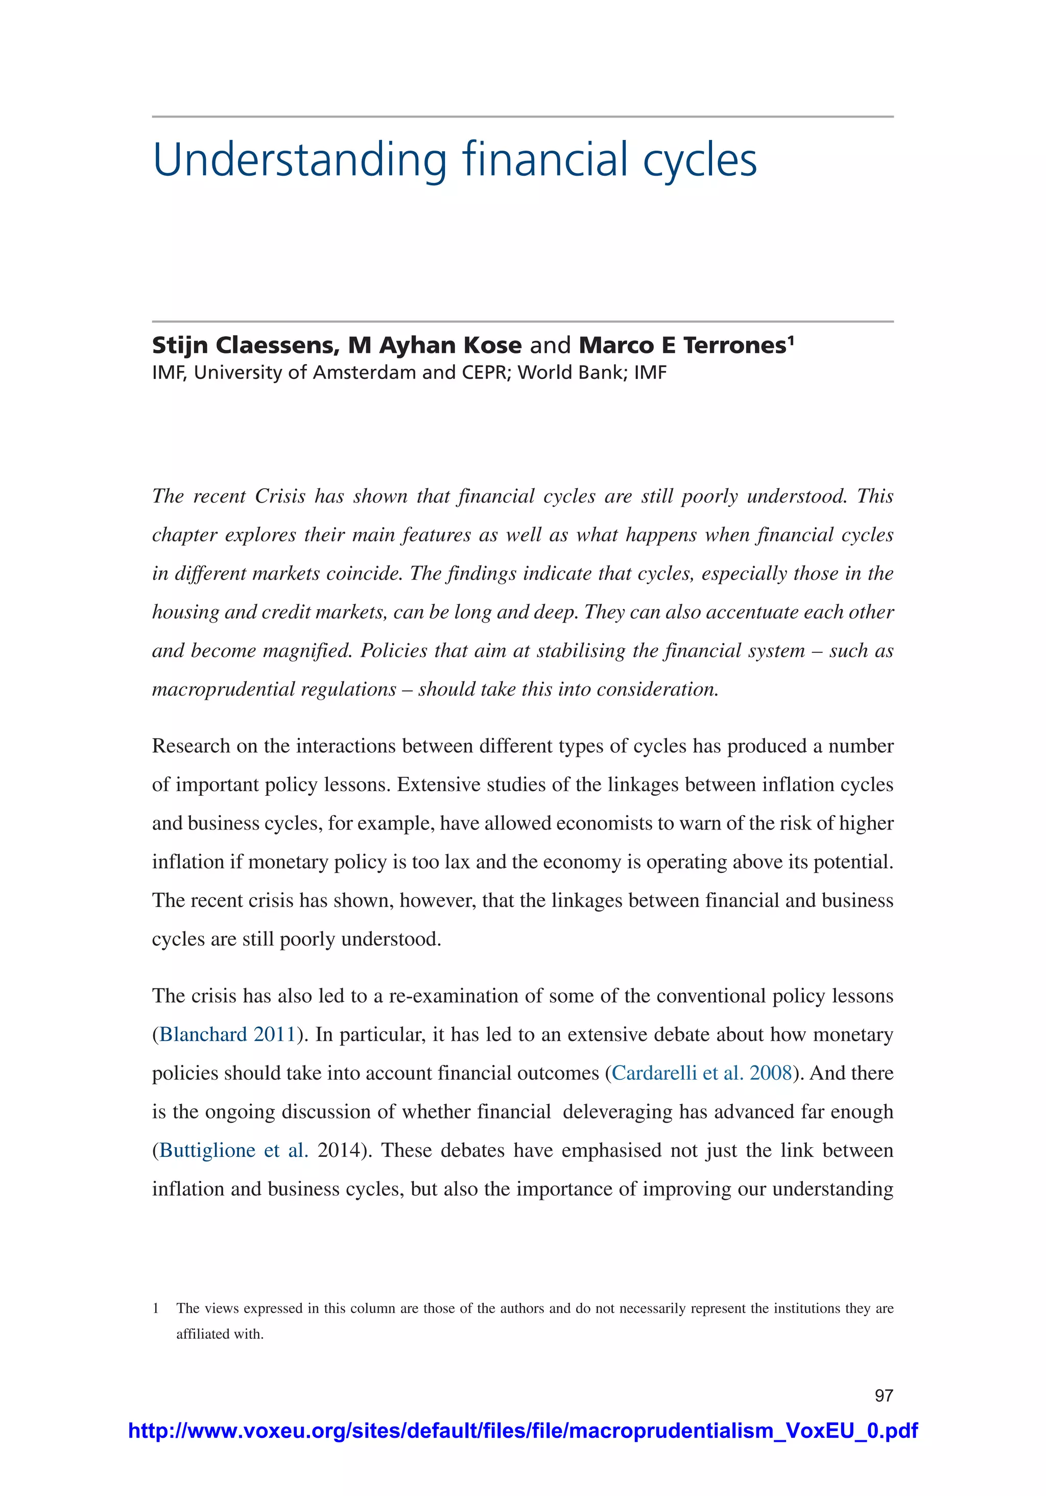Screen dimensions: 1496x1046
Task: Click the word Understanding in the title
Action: coord(300,160)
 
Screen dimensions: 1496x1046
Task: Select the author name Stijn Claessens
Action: coord(245,345)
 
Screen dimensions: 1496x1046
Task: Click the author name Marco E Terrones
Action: coord(682,345)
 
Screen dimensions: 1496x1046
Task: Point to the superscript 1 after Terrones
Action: coord(791,340)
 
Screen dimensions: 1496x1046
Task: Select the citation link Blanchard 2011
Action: coord(227,1035)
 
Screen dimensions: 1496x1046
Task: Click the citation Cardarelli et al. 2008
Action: coord(701,1073)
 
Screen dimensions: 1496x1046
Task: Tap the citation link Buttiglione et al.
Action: coord(233,1150)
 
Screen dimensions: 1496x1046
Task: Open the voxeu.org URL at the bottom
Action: coord(522,1431)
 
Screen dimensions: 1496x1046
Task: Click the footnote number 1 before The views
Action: coord(156,1309)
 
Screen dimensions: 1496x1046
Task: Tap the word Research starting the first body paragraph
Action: coord(191,746)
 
